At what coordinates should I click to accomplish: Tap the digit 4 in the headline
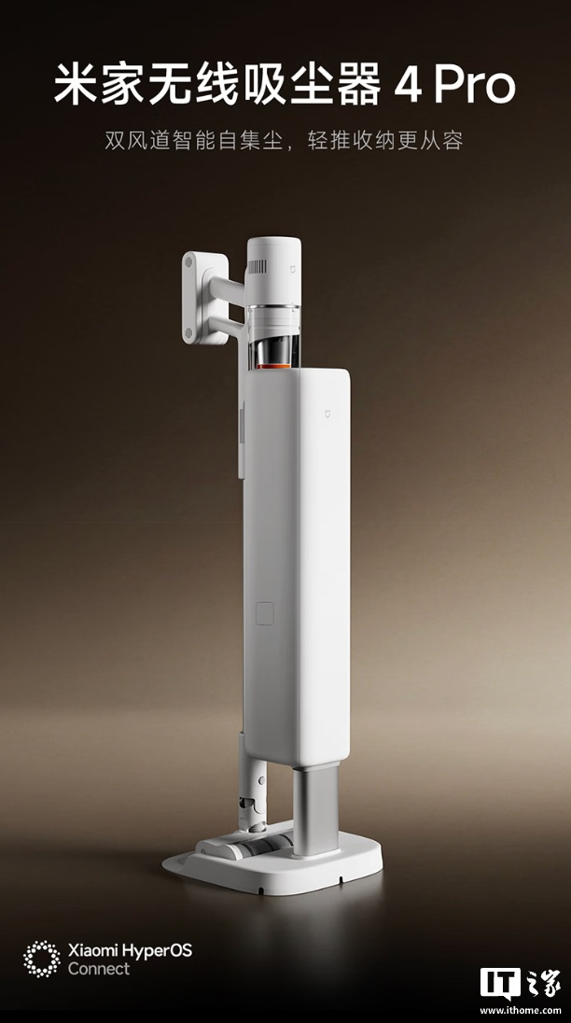(x=408, y=86)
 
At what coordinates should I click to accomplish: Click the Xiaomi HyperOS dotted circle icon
(x=42, y=959)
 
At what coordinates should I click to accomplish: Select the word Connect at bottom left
(x=98, y=969)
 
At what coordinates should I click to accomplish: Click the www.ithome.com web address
(x=521, y=1010)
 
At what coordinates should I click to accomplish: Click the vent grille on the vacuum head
(x=257, y=266)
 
